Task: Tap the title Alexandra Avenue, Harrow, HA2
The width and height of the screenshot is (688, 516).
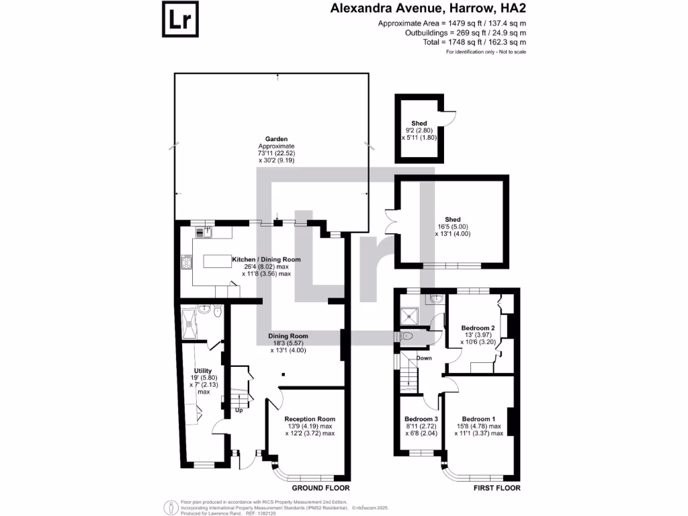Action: coord(428,9)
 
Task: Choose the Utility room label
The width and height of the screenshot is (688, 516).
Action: coord(203,371)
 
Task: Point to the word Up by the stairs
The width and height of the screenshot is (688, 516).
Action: coord(239,410)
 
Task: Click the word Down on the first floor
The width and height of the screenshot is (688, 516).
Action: coord(424,358)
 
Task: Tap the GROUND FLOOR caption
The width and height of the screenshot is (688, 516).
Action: coord(320,488)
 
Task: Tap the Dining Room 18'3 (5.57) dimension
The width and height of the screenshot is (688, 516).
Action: coord(288,343)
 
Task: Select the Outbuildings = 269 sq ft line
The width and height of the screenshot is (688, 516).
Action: coord(466,33)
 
